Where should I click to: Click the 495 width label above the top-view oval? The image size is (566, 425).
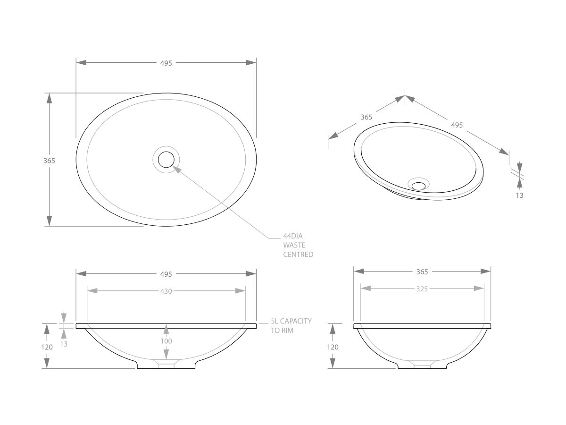(x=166, y=63)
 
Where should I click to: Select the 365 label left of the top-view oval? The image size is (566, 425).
(x=49, y=161)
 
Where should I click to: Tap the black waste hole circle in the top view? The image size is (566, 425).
(x=166, y=160)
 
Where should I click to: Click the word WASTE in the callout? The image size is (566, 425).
(x=294, y=245)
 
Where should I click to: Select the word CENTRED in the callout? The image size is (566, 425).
(x=298, y=255)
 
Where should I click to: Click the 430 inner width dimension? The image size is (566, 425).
(x=166, y=291)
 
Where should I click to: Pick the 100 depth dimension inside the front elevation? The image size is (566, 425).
(x=166, y=341)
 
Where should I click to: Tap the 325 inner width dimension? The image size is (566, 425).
(x=422, y=289)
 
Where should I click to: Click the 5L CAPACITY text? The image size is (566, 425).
(x=291, y=321)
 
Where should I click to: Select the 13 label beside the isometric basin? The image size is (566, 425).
(x=519, y=195)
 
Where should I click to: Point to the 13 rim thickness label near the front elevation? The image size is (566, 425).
(x=64, y=344)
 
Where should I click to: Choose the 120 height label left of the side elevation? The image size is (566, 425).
(x=333, y=347)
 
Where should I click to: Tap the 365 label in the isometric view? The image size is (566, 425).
(x=366, y=117)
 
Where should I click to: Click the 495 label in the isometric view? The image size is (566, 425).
(x=457, y=125)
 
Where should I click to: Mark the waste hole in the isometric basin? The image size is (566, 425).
(x=418, y=186)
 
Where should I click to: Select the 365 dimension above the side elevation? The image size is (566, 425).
(x=422, y=272)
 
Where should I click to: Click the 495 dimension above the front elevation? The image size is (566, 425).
(x=166, y=274)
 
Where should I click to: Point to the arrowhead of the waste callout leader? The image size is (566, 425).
(x=175, y=167)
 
